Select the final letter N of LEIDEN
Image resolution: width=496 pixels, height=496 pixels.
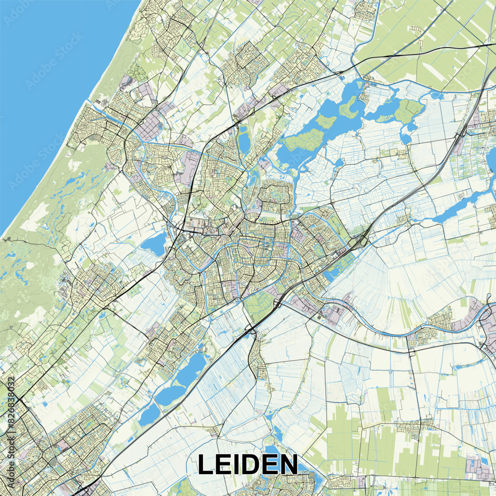pos(287,465)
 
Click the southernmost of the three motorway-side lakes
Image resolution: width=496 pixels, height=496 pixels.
pos(149,415)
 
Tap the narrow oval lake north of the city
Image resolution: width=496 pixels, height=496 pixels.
pos(244,140)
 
